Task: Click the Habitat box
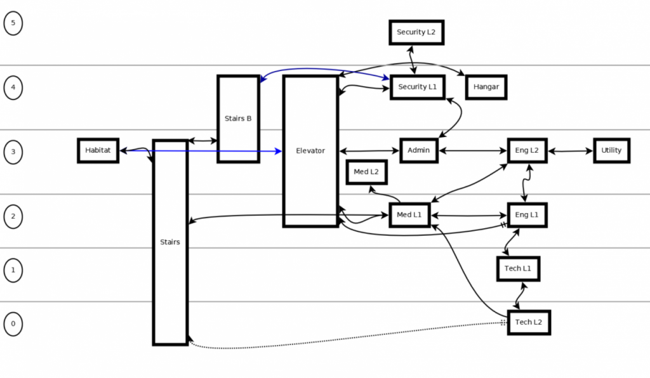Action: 98,150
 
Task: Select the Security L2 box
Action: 416,32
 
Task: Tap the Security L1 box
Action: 417,87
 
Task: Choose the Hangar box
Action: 486,87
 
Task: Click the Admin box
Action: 419,150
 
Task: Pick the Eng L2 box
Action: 527,150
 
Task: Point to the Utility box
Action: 612,150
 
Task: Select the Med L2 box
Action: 366,172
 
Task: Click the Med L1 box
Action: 409,215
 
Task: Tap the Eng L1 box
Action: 527,215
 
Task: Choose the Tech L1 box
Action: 518,268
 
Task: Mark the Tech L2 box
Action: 529,322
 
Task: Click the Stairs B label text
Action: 238,119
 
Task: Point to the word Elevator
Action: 310,151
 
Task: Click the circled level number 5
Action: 13,24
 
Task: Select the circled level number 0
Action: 13,324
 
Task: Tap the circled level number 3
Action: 13,152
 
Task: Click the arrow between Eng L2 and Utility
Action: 571,151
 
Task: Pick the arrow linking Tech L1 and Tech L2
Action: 522,296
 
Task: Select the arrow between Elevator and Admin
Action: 369,151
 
